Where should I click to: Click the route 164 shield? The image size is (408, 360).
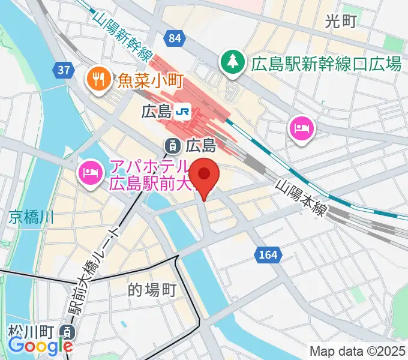coord(269,254)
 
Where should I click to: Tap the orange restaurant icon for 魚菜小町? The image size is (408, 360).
coord(97,78)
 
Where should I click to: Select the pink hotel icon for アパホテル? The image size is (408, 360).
coord(91,174)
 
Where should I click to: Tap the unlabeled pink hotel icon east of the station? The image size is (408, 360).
coord(300,128)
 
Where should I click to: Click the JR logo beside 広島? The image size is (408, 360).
coord(184,110)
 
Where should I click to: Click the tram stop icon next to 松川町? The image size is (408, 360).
coord(70,332)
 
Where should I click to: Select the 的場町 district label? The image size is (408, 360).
coord(152,290)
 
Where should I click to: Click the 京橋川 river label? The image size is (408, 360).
coord(31,217)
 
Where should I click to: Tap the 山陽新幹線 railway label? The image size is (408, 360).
coord(122,37)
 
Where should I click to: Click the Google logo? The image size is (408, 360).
coord(40,346)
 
